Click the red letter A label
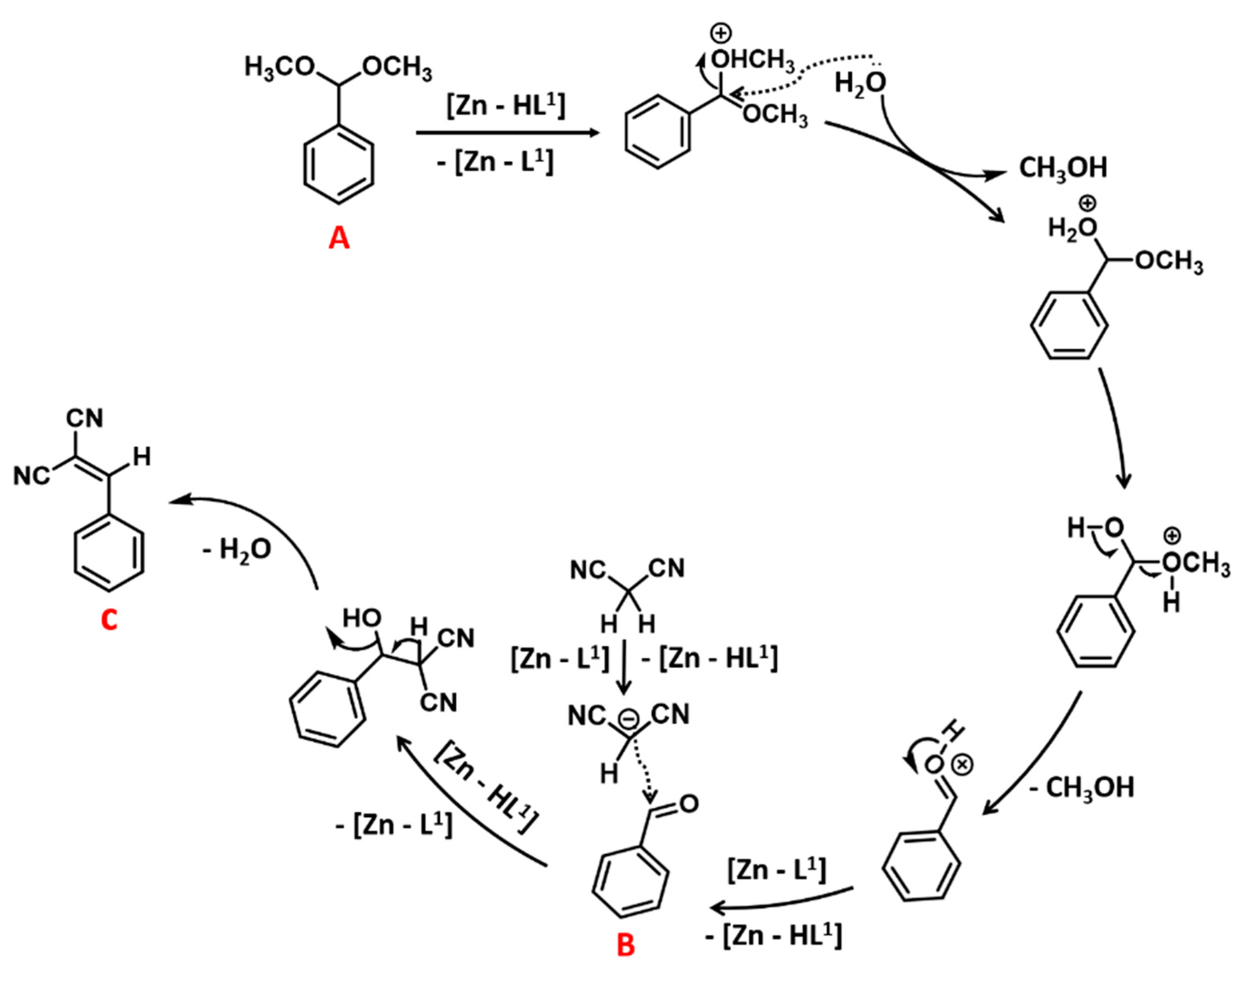coord(339,237)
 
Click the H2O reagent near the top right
coord(860,84)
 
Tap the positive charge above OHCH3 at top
coord(720,34)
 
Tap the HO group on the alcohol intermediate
coord(361,618)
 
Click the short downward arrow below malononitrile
coord(624,668)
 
